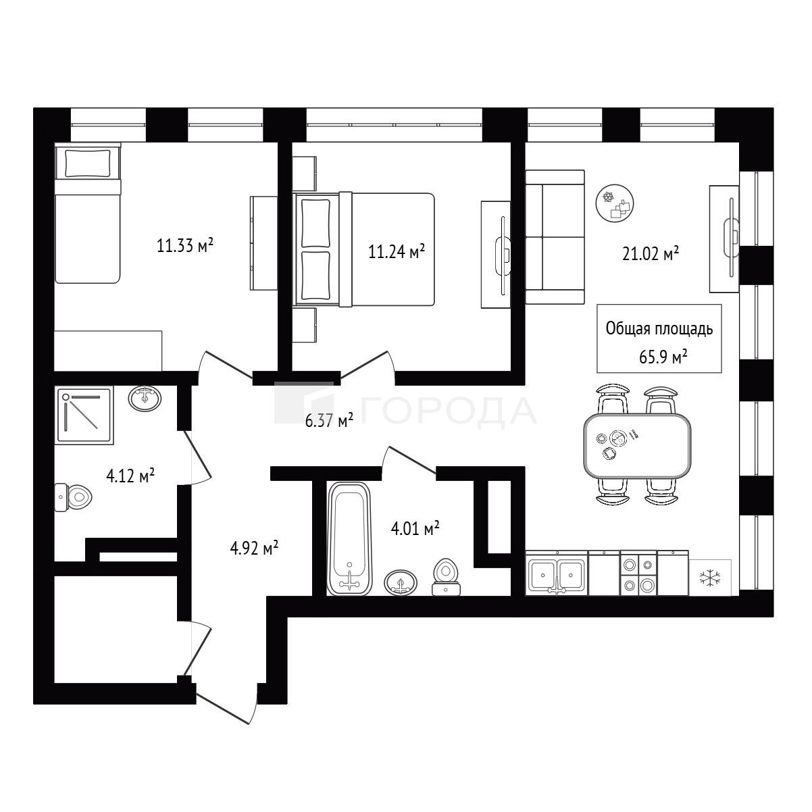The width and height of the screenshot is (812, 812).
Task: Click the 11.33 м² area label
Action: (185, 245)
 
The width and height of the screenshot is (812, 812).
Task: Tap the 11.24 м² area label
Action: (397, 251)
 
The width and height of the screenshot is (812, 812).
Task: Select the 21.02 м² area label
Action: (651, 254)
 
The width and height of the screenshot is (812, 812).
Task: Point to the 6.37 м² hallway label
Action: (329, 420)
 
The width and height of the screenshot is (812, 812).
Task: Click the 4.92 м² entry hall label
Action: (254, 549)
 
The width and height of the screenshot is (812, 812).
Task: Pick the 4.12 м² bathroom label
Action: (130, 476)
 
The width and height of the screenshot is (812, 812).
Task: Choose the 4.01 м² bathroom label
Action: (415, 528)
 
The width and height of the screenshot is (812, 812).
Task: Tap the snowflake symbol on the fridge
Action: (710, 578)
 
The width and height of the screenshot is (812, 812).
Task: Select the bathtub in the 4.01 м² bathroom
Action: (349, 538)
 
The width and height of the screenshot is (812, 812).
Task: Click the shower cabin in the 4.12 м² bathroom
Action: (84, 415)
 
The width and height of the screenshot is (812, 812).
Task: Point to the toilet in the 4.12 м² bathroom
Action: (74, 497)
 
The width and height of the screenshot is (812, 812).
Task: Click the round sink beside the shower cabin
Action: (145, 398)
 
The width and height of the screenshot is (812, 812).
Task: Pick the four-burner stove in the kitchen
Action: (638, 573)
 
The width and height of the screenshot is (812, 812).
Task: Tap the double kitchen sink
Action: (557, 573)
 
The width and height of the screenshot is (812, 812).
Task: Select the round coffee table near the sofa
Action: (615, 203)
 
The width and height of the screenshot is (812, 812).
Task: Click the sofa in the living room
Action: (555, 237)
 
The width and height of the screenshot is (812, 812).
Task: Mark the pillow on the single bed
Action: (88, 163)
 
